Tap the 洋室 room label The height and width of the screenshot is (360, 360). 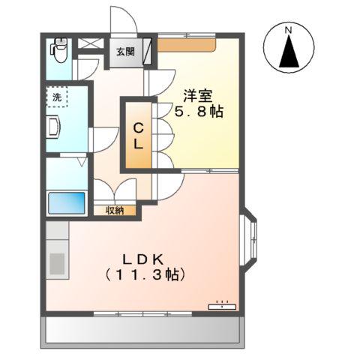pos(198,96)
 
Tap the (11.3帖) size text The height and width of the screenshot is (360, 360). pos(142,275)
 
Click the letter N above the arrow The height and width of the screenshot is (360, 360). pos(288,30)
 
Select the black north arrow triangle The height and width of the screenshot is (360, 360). pos(288,52)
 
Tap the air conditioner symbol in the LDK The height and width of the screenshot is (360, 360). pos(222,305)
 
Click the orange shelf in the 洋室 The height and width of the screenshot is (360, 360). pos(187,45)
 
